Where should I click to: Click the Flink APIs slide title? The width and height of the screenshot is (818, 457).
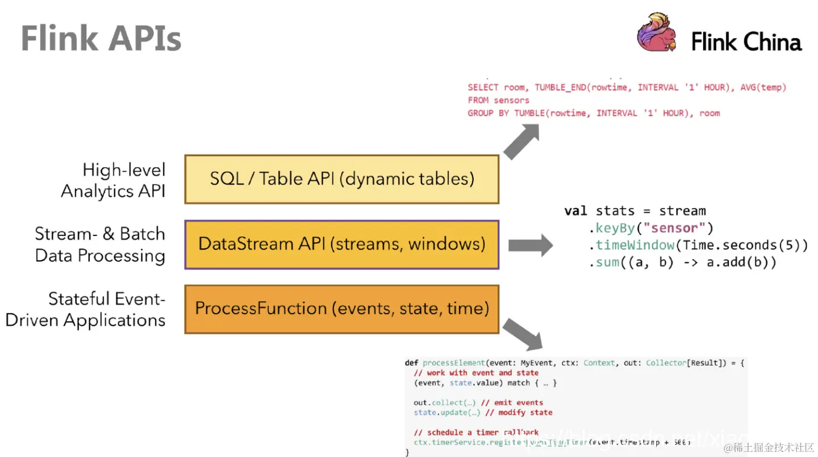point(101,39)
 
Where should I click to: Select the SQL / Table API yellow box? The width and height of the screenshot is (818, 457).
point(341,179)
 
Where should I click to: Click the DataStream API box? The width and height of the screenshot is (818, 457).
point(341,244)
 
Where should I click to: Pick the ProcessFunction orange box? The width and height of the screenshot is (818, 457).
point(341,309)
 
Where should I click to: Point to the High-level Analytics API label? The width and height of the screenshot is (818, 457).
point(114,180)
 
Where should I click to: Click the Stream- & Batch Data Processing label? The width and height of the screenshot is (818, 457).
point(101,244)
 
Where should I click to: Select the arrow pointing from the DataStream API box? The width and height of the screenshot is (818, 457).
point(529,246)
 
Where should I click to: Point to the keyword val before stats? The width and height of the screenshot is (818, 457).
point(575,211)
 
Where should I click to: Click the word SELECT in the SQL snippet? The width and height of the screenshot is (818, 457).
point(483,88)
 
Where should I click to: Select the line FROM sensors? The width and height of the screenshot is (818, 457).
point(498,100)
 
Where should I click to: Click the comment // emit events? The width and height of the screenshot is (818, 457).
point(511,402)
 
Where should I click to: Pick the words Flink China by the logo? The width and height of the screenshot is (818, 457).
point(746,42)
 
